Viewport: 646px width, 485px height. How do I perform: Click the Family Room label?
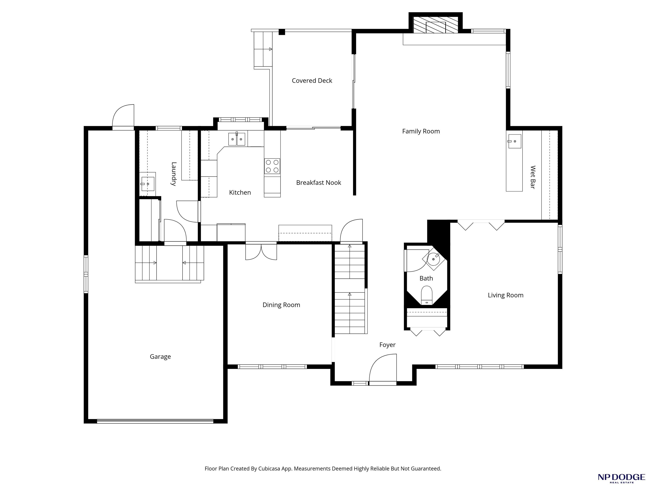point(421,131)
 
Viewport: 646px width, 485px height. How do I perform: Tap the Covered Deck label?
point(312,81)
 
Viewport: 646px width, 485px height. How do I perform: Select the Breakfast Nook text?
point(319,183)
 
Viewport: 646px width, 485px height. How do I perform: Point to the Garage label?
point(160,357)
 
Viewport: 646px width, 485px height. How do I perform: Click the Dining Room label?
point(281,305)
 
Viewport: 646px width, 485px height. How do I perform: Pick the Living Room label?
point(506,295)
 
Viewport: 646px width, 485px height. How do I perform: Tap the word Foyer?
point(387,345)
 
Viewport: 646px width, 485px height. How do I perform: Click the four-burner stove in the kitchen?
point(272,166)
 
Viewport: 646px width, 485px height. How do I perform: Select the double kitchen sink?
point(237,139)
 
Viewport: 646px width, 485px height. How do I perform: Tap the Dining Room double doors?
point(261,252)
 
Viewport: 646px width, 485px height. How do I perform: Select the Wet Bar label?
point(533,177)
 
